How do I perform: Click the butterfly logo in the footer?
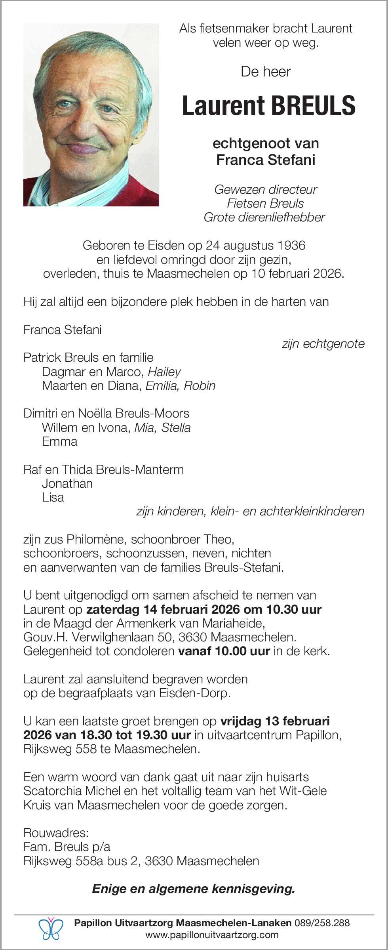tap(51, 929)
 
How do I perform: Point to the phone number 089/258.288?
tap(322, 923)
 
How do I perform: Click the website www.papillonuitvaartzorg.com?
tap(212, 935)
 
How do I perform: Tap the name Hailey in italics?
tap(164, 372)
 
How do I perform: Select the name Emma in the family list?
tap(60, 442)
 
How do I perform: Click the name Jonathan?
tap(67, 484)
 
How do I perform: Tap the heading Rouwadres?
tap(56, 833)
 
